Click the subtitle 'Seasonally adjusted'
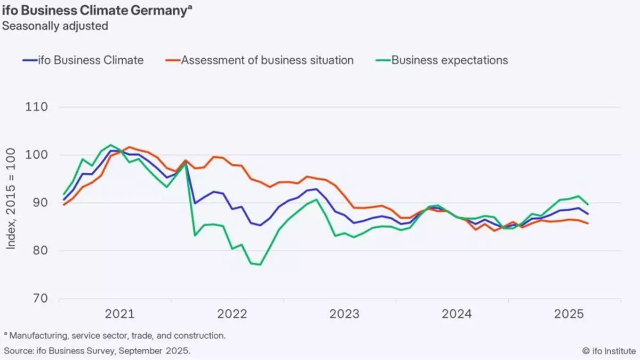(x=55, y=26)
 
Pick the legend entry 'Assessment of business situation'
(x=267, y=60)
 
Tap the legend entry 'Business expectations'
(x=450, y=60)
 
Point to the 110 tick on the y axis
(x=38, y=107)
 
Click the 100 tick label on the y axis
(x=38, y=155)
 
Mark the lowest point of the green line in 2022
(x=260, y=265)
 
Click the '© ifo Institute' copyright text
(x=609, y=351)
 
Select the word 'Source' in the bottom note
(x=19, y=351)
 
